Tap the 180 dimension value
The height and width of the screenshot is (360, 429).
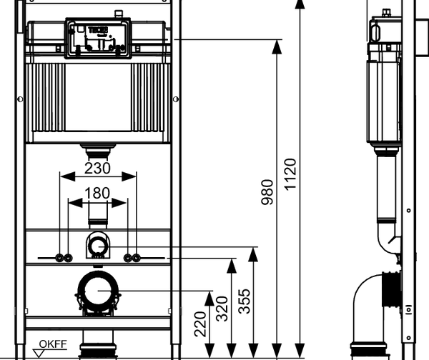click(x=98, y=194)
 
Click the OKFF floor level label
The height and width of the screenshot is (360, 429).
click(x=53, y=344)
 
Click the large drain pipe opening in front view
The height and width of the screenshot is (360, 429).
click(x=98, y=292)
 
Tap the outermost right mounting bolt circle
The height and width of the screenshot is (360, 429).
click(x=136, y=257)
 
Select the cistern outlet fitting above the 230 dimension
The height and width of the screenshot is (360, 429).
click(x=98, y=151)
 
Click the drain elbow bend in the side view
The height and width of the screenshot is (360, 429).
click(x=366, y=300)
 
